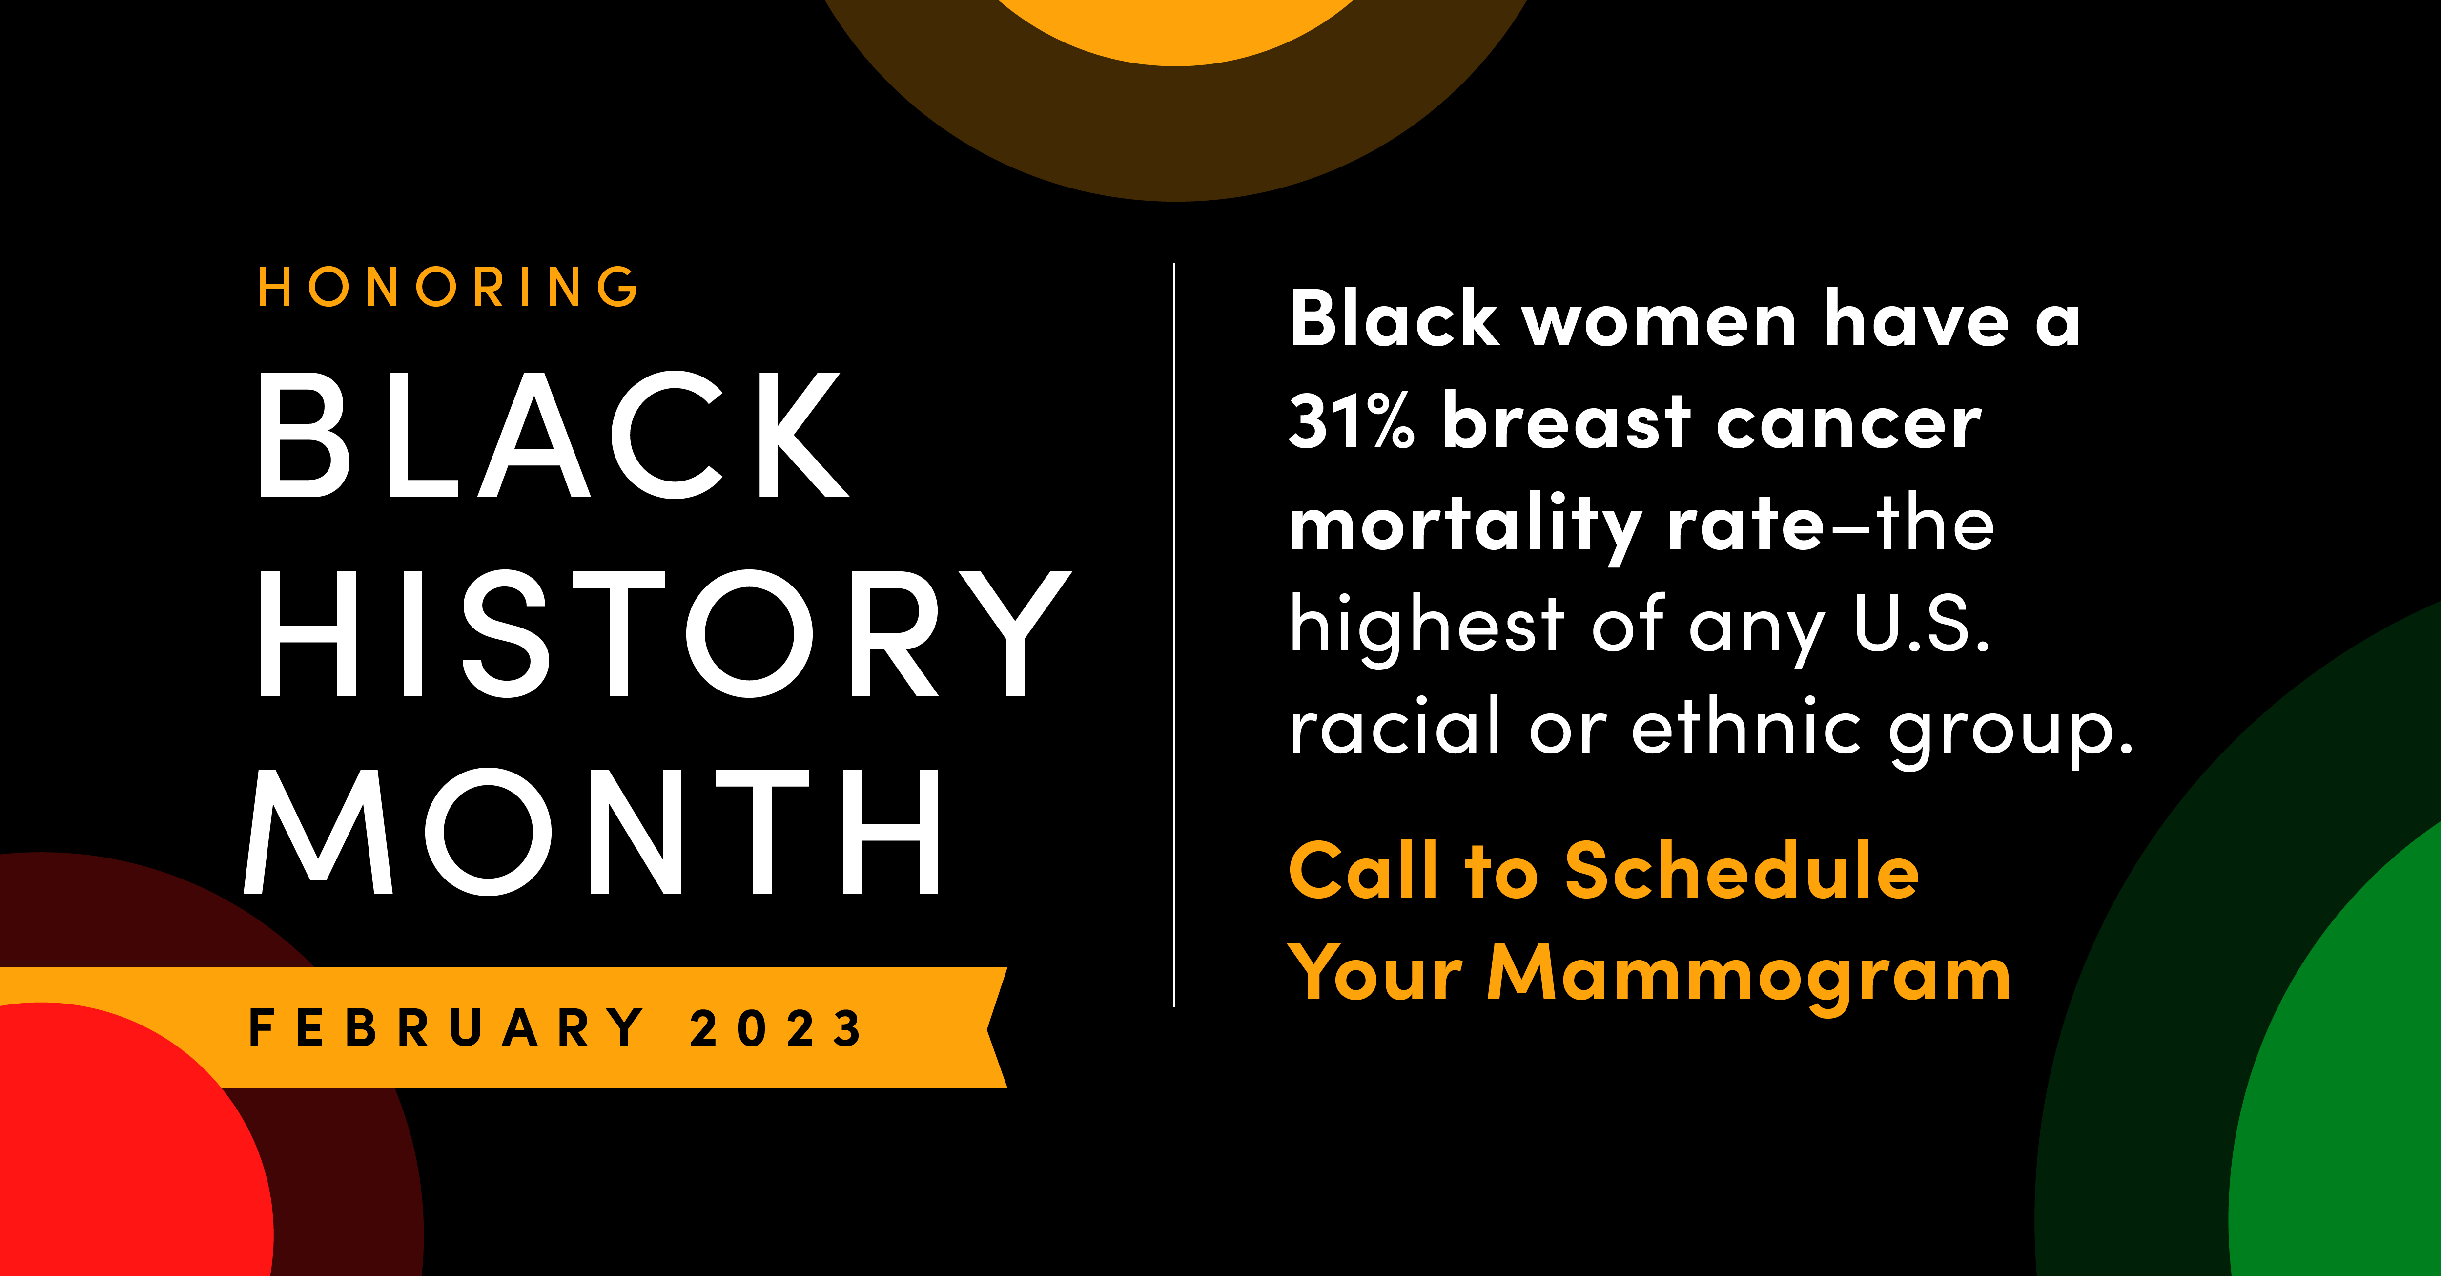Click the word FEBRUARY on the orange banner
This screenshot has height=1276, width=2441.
[445, 1027]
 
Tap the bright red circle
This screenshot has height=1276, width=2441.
[123, 1147]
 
